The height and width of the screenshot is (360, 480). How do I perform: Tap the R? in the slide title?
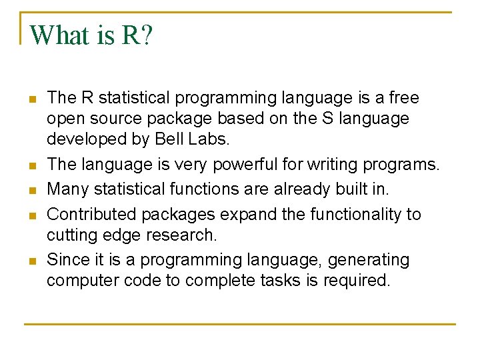point(137,35)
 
